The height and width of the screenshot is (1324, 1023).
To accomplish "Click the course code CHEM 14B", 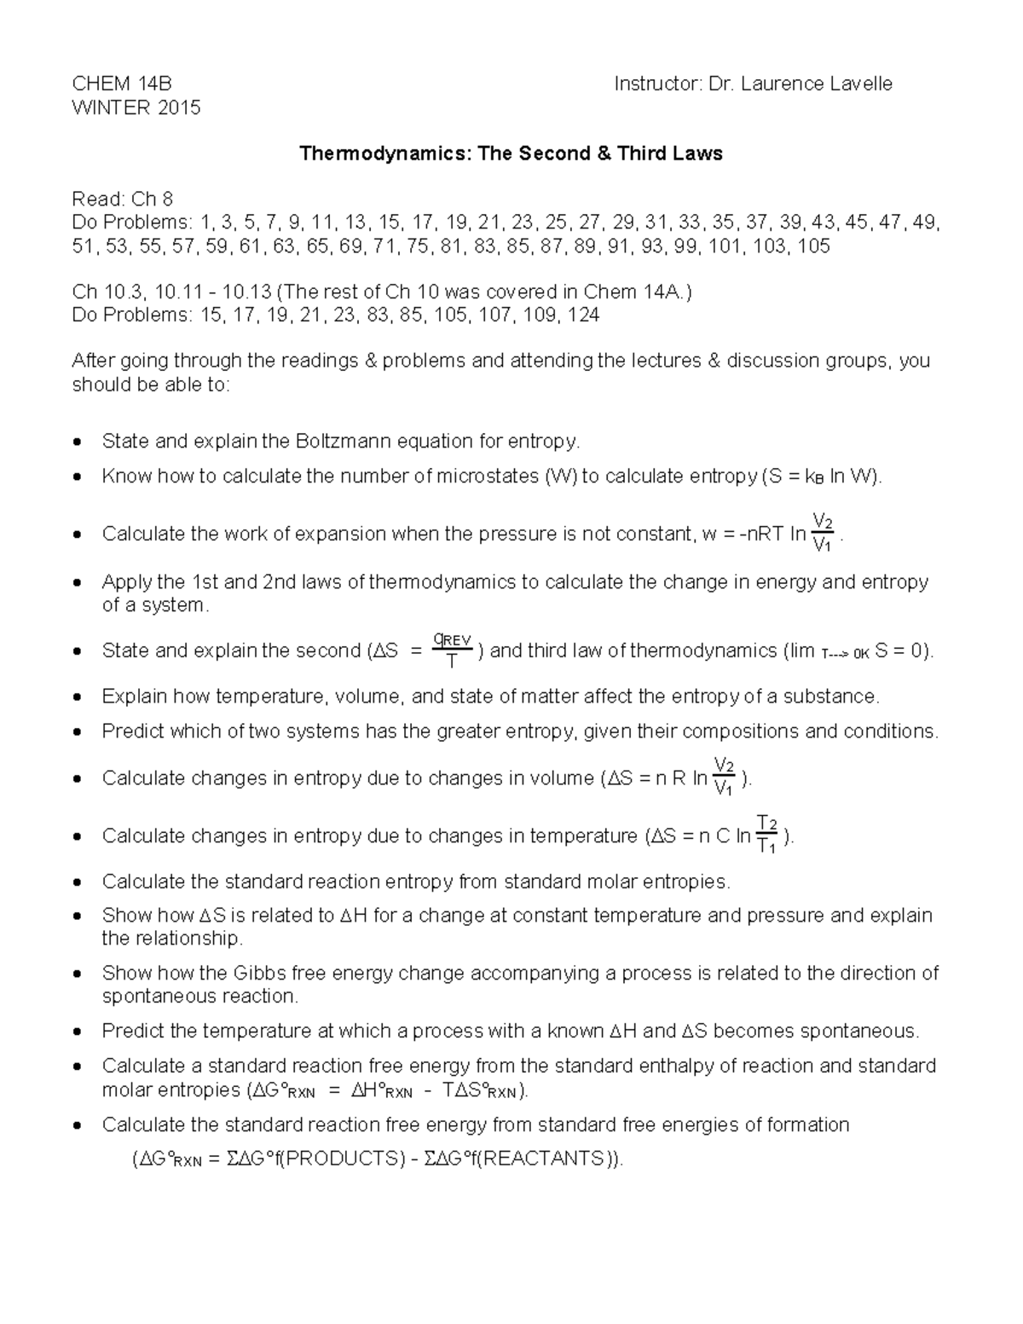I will click(x=122, y=84).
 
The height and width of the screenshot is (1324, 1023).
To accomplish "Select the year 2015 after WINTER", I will click(x=175, y=107).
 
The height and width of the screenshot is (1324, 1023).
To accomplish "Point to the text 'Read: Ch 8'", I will click(x=122, y=199).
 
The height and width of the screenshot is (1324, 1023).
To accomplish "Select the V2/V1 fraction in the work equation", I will click(x=824, y=533).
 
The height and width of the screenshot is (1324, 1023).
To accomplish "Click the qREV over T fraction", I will click(x=453, y=650).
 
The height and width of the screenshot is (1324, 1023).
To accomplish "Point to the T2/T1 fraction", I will click(x=767, y=835).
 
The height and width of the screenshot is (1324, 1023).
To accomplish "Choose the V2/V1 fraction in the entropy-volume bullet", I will click(x=725, y=777).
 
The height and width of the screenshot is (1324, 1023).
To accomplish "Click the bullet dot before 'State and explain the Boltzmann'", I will click(x=78, y=442).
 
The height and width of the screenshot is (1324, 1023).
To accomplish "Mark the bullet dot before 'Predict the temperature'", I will click(x=78, y=1032).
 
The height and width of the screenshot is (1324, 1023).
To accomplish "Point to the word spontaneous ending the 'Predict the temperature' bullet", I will click(x=865, y=1032).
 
